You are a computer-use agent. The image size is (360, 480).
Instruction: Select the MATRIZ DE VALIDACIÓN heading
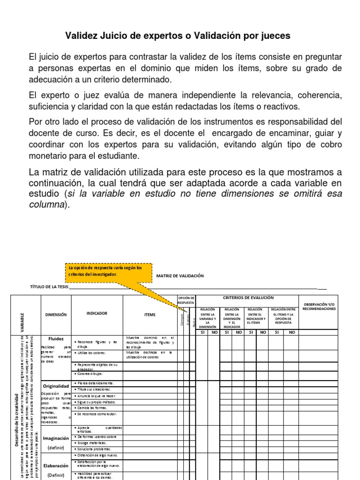[180, 276]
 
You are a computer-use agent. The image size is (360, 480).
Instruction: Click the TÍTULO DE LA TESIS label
[49, 287]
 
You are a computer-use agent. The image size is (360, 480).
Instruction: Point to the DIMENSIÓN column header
[56, 315]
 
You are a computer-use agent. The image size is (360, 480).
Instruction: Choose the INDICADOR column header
[97, 313]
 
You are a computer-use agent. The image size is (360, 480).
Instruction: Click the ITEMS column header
[150, 315]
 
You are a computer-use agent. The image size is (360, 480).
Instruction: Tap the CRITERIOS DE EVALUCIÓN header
[248, 298]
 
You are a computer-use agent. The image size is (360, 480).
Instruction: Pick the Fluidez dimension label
[56, 338]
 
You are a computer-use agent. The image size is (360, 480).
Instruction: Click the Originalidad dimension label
[56, 385]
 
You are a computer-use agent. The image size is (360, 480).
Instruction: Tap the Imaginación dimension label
[56, 438]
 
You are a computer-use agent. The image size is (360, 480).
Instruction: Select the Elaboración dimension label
[56, 466]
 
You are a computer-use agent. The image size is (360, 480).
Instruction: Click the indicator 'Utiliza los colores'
[91, 352]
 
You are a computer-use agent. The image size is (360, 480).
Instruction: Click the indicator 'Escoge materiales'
[91, 442]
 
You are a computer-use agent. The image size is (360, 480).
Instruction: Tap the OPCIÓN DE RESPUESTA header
[186, 300]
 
